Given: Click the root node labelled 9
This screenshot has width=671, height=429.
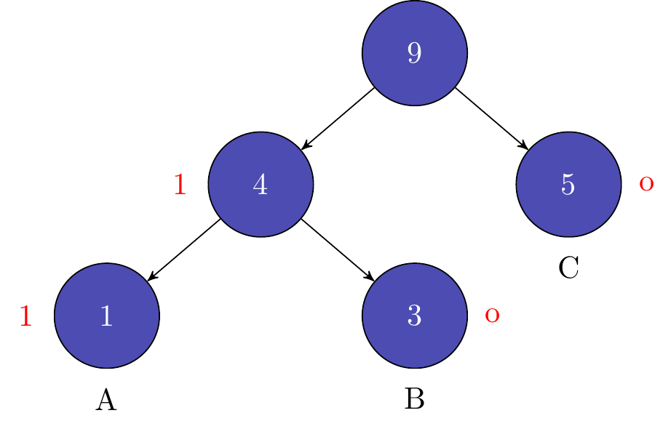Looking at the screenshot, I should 415,53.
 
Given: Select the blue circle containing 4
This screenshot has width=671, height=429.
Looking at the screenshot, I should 261,185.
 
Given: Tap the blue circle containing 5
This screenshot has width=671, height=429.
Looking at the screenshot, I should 568,185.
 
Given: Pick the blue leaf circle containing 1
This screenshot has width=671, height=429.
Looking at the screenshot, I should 106,316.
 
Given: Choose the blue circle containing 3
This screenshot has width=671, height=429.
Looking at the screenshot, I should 415,316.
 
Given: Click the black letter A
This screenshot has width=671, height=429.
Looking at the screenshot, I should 106,400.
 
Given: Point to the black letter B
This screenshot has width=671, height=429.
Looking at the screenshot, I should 415,400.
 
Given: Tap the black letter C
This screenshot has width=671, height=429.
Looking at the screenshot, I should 568,268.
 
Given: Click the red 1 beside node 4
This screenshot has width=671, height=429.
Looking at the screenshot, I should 180,186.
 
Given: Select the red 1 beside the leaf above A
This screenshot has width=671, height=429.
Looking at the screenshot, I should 26,317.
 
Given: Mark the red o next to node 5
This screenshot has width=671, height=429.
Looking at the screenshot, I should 646,185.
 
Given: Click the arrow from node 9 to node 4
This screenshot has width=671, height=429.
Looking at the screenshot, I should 338,119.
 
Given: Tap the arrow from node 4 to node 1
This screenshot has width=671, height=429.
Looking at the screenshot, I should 183,249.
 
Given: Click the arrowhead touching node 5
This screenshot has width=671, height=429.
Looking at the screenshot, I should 524,146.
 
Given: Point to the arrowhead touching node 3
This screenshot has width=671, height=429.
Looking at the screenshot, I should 370,277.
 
